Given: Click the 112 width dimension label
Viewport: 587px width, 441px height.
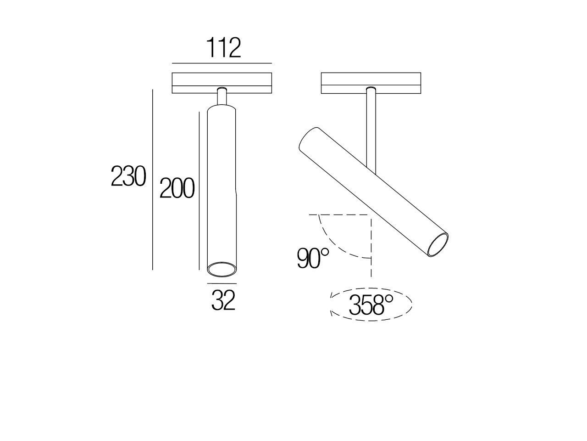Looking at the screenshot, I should click(223, 48).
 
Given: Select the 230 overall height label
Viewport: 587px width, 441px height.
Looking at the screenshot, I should click(128, 176).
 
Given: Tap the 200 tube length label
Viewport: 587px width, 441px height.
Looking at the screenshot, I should click(177, 188).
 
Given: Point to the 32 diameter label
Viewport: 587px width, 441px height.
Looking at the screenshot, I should click(223, 301).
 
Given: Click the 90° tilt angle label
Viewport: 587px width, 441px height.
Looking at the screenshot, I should click(313, 258).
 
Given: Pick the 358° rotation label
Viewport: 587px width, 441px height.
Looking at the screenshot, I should click(371, 305).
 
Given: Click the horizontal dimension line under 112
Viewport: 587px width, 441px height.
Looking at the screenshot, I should click(222, 63).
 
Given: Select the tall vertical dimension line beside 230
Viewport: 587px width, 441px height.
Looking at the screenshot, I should click(152, 179).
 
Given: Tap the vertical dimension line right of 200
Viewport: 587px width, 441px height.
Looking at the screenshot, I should click(199, 191).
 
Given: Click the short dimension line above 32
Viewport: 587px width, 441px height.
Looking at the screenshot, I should click(222, 283).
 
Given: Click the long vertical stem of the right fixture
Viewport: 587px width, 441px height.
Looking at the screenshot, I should click(371, 129).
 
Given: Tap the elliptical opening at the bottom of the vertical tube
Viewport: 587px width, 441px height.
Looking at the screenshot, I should click(222, 270).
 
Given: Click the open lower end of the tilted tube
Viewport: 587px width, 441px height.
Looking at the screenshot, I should click(437, 244).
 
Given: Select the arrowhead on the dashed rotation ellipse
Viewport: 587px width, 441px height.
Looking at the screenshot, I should click(332, 312).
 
